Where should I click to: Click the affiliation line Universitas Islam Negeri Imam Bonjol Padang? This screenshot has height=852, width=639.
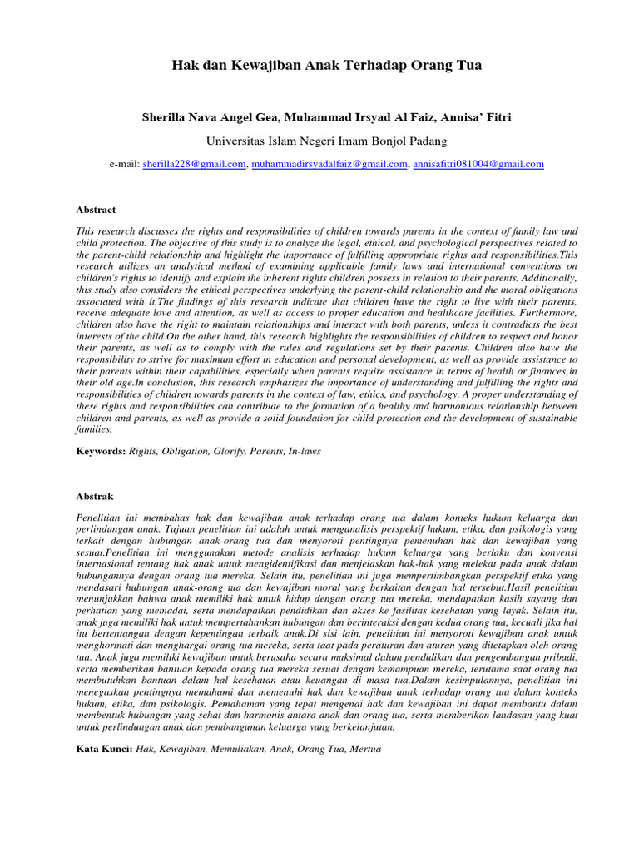[327, 141]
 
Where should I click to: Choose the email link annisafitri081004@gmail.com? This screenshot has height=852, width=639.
[478, 165]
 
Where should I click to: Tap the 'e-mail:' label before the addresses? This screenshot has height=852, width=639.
[124, 165]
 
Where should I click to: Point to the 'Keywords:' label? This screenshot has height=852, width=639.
[100, 450]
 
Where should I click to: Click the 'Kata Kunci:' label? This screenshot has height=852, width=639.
[103, 748]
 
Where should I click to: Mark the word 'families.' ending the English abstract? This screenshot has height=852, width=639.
[94, 428]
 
